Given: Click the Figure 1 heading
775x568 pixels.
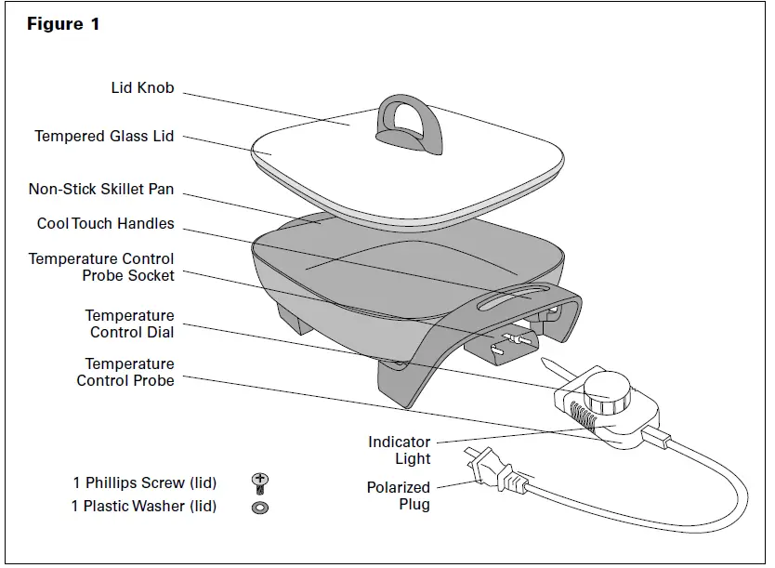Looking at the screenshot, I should click(x=63, y=25).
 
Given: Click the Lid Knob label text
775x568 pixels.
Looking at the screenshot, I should click(x=142, y=89).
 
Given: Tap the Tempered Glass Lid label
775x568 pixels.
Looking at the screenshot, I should click(x=104, y=137).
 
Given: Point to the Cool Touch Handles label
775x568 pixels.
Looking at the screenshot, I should click(x=105, y=224).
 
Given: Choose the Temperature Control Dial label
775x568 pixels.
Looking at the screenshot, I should click(x=129, y=324).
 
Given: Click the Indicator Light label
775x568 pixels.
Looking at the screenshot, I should click(x=399, y=450).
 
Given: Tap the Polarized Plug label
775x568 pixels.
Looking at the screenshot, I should click(x=398, y=495).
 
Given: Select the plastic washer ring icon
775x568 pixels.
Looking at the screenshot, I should click(x=260, y=507).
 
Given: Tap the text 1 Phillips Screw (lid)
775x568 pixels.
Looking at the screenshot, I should click(x=144, y=483).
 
